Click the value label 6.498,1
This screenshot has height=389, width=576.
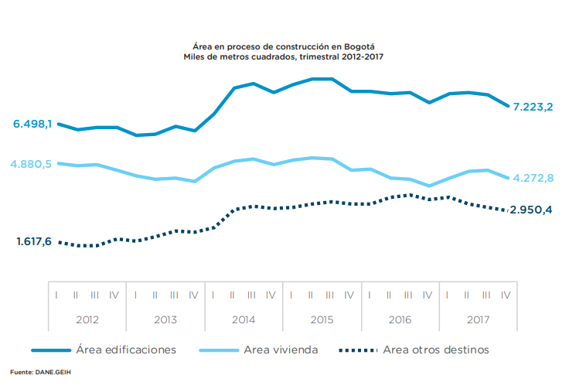[x=32, y=124]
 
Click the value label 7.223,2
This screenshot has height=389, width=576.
[x=532, y=107]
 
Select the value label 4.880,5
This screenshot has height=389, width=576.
[x=32, y=164]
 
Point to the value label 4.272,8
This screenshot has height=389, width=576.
[x=532, y=179]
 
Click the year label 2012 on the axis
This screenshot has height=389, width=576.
[x=87, y=319]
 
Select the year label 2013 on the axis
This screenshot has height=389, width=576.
[x=165, y=319]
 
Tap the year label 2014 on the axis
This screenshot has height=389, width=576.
[x=243, y=319]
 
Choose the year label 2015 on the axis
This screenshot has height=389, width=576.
[x=321, y=319]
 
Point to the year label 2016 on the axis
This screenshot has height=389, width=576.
[x=399, y=319]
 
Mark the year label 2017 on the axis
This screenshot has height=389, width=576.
[x=477, y=319]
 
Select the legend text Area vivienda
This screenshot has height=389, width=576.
[x=281, y=350]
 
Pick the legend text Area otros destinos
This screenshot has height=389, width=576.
[x=436, y=350]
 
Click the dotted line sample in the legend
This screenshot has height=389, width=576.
[x=360, y=350]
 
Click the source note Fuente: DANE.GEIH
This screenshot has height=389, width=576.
[x=44, y=373]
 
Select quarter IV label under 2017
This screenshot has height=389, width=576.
[x=505, y=295]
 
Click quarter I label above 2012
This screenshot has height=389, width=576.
[x=56, y=295]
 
